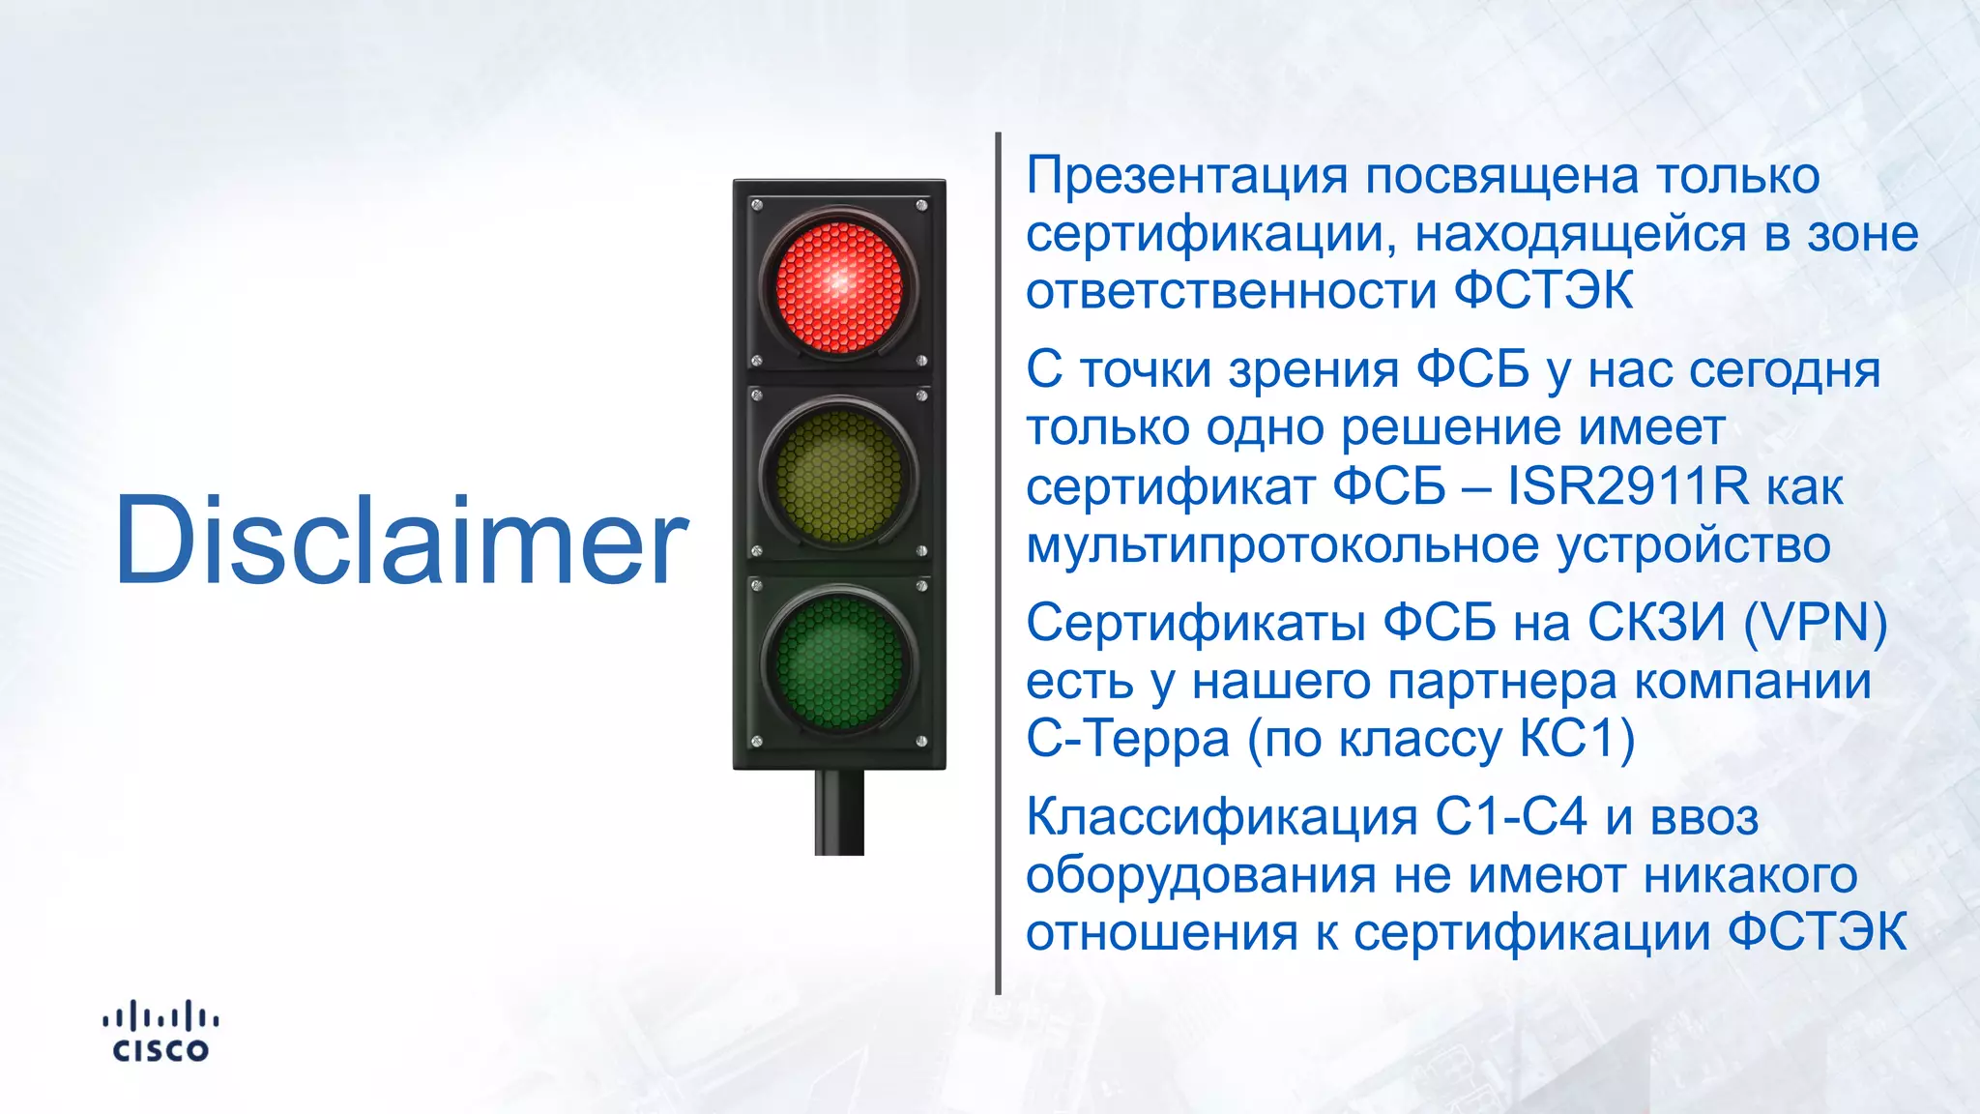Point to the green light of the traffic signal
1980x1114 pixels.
839,663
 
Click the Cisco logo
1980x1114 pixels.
160,1032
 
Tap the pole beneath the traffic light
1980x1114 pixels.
839,812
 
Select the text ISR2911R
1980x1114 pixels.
1628,486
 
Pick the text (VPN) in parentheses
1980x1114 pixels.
1815,623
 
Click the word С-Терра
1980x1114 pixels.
1127,739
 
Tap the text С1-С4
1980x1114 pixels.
1510,817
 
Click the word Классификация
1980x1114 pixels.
1221,817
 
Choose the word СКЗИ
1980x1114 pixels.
1656,623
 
